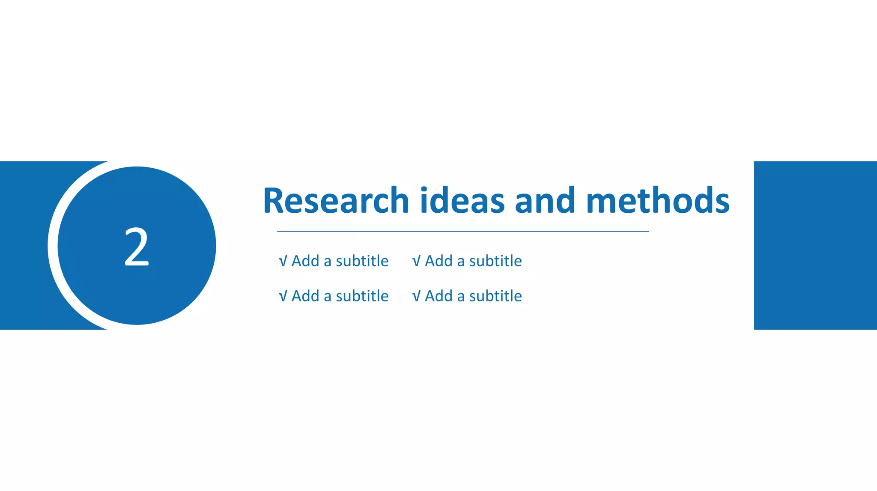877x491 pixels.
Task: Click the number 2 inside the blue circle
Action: [x=137, y=247]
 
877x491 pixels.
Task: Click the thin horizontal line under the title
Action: [x=462, y=231]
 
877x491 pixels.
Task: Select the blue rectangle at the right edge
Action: [x=815, y=245]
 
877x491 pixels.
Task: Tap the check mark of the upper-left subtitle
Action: [x=283, y=261]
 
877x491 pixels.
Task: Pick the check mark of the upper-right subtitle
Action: [x=416, y=261]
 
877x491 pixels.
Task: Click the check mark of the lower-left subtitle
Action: [x=283, y=296]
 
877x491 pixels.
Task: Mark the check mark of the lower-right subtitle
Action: [x=416, y=296]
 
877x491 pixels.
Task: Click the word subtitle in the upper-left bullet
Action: [x=362, y=261]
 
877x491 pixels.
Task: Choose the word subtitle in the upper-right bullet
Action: [x=495, y=261]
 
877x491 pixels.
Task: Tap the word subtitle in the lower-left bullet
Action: [x=362, y=296]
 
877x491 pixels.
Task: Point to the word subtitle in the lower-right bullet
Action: [x=495, y=296]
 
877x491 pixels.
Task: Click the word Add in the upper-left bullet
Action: [x=305, y=261]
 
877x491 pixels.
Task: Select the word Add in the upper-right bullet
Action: [x=438, y=261]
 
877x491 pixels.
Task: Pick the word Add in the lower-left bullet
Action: [x=305, y=296]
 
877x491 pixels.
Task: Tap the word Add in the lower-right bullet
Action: [x=438, y=296]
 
